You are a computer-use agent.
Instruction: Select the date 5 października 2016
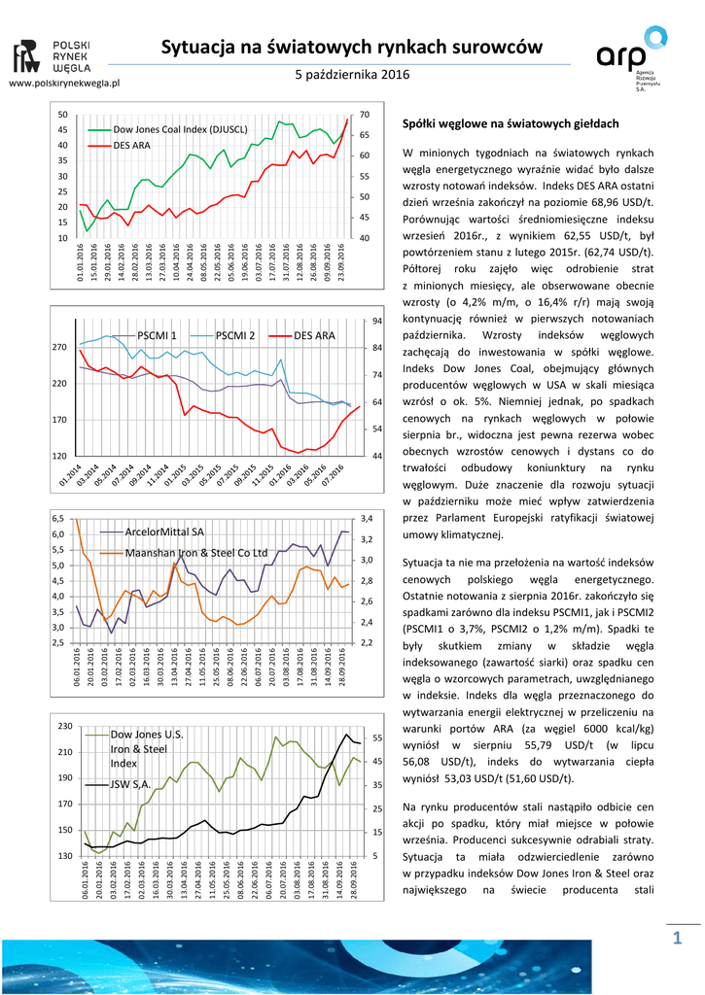click(x=351, y=75)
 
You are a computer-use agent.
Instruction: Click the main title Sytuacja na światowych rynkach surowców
click(x=351, y=46)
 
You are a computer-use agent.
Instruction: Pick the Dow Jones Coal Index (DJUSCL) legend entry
click(x=180, y=129)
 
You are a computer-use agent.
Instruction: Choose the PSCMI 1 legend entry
click(x=157, y=335)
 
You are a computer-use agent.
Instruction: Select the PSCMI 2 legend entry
click(x=234, y=335)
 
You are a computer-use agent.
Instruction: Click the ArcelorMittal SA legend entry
click(x=164, y=532)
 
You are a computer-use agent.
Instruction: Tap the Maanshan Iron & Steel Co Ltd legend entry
click(x=196, y=552)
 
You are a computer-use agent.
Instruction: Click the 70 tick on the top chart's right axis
click(x=365, y=115)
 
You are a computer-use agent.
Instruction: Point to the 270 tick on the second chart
click(x=59, y=347)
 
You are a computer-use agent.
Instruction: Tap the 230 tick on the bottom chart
click(x=65, y=727)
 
